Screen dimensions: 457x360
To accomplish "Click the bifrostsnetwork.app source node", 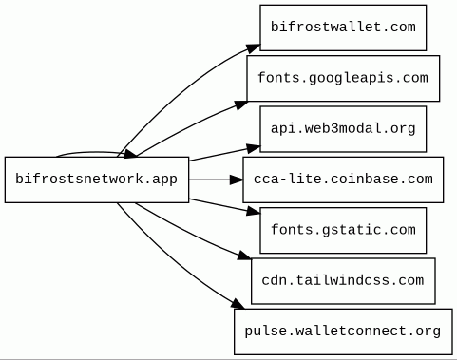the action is click(x=97, y=180).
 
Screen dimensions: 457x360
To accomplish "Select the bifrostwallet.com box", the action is click(x=343, y=28).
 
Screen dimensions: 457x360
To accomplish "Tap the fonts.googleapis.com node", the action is click(x=343, y=78).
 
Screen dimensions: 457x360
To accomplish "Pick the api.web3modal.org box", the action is click(x=343, y=129).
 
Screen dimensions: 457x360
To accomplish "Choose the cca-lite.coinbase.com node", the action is click(x=343, y=180).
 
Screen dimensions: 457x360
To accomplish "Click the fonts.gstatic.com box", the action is click(x=343, y=230).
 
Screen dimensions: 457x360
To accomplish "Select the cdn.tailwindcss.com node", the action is click(x=343, y=281).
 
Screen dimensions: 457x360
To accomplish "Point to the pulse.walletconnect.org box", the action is click(x=343, y=332).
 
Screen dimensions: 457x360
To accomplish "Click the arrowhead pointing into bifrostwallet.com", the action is click(x=253, y=48).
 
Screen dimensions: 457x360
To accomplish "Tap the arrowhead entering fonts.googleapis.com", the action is click(x=241, y=104).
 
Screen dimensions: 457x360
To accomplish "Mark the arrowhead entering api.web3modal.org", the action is click(x=253, y=148).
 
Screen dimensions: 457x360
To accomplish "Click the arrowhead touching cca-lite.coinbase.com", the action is click(x=237, y=180).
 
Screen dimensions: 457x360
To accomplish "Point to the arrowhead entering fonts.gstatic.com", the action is click(x=253, y=211).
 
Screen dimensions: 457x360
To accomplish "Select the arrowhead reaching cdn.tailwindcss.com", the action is click(x=244, y=256).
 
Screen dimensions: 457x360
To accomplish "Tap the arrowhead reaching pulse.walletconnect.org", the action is click(x=238, y=304).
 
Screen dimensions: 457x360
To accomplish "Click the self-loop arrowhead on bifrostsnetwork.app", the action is click(x=130, y=154).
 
